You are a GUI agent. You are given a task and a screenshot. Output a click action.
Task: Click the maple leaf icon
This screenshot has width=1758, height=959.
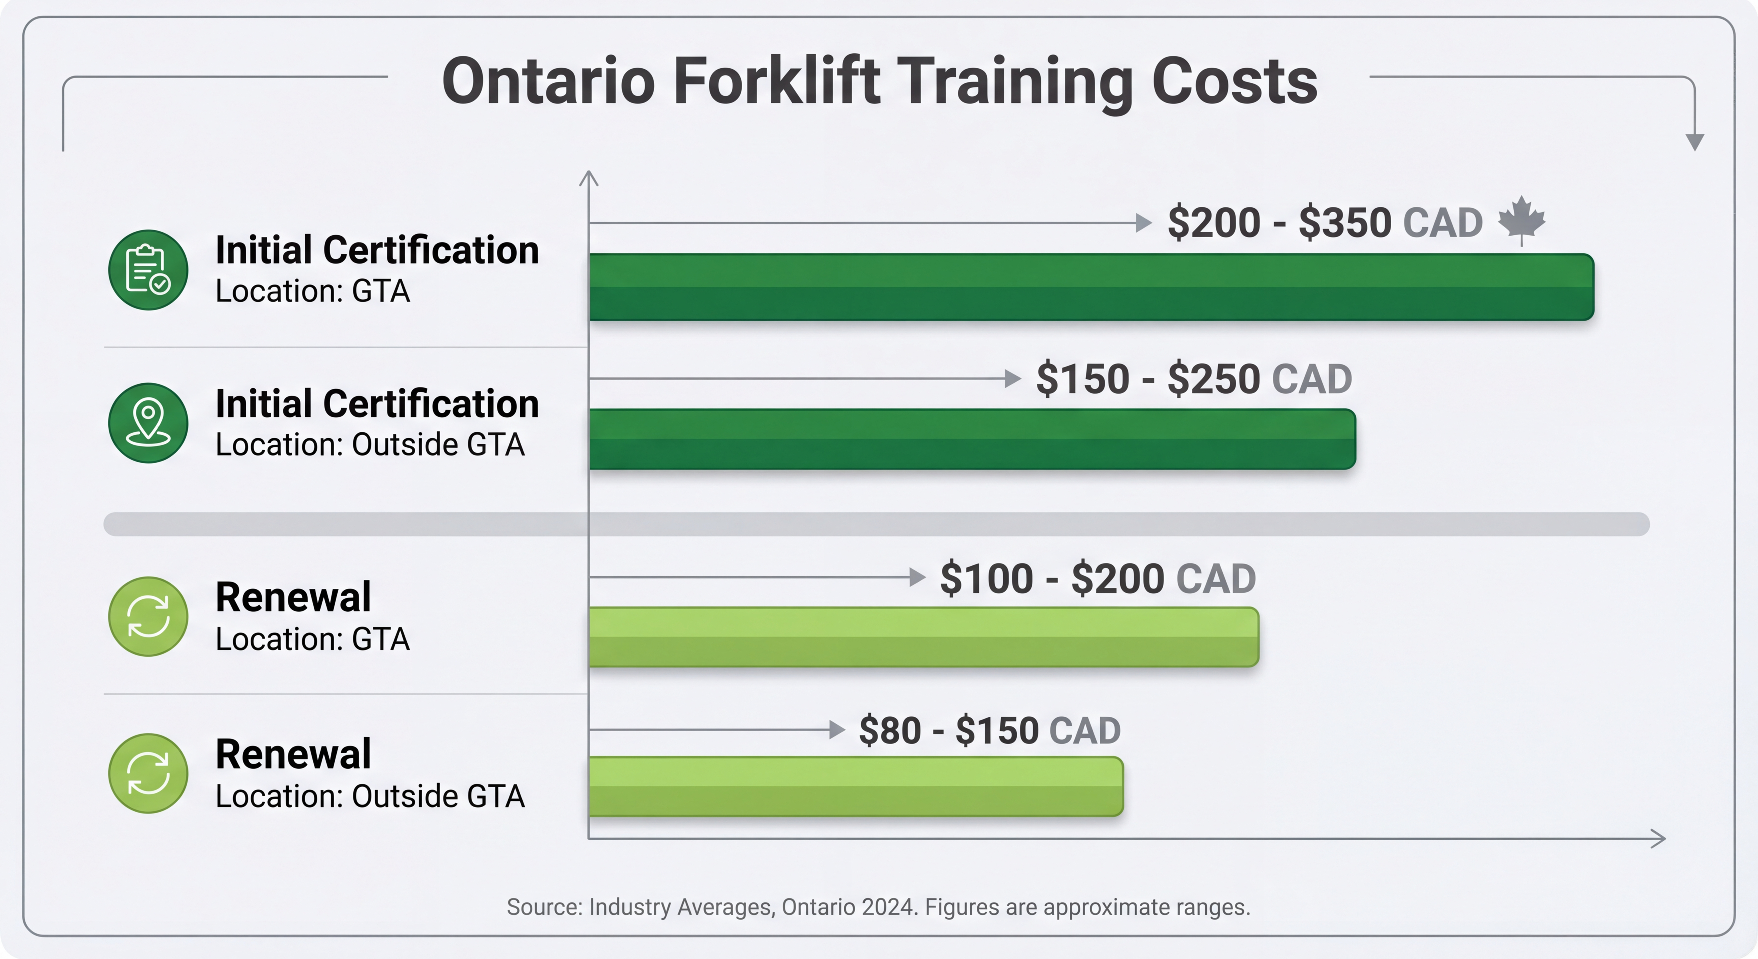(x=1521, y=220)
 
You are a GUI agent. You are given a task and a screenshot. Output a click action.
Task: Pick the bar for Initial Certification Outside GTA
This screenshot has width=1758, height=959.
(x=972, y=439)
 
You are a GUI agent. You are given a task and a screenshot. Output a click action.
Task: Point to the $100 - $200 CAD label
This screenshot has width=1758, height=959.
(x=1098, y=579)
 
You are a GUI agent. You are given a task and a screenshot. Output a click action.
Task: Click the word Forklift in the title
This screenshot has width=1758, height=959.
(x=777, y=82)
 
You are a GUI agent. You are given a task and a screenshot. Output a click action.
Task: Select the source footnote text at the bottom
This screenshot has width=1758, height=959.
(x=878, y=907)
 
